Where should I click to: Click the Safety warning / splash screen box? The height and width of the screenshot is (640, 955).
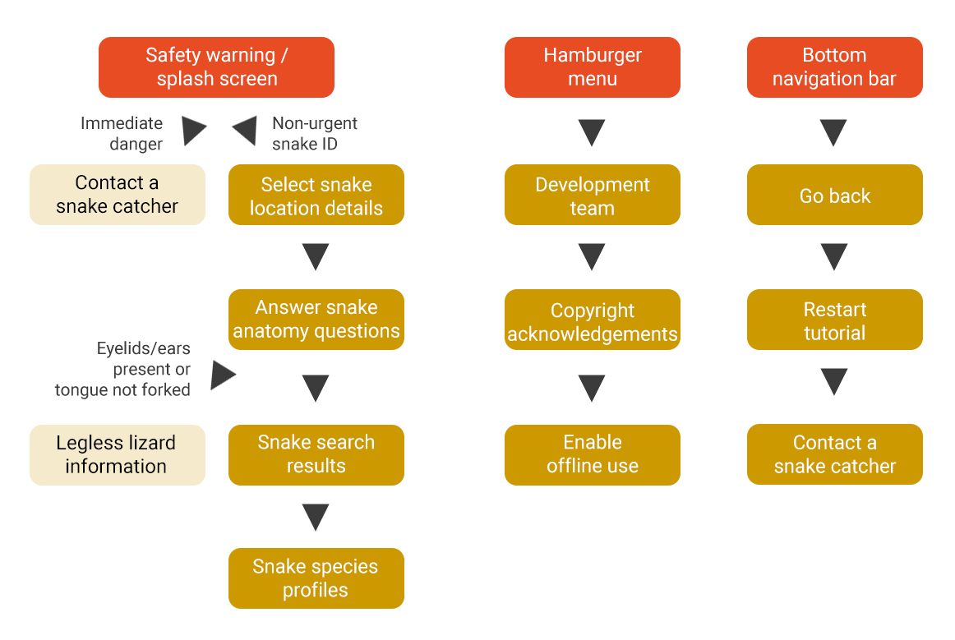pos(216,67)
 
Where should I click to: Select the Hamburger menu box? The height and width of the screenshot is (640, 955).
pos(592,67)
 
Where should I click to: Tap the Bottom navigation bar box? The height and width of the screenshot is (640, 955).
pos(834,67)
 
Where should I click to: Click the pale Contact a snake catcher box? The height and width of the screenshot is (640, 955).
pos(117,194)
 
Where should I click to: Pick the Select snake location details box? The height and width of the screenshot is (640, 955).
pos(316,194)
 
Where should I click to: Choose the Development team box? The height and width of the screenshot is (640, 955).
pos(592,194)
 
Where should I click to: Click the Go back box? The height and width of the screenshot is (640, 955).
pos(834,194)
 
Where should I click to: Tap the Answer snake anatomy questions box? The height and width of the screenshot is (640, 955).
pos(316,319)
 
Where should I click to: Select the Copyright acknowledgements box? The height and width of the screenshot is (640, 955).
pos(592,319)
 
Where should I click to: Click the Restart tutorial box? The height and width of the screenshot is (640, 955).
pos(834,319)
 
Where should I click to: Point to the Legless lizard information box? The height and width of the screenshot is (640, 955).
pos(117,455)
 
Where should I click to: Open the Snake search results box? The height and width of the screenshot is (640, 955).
pos(316,455)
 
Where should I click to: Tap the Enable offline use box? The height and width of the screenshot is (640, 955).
pos(592,455)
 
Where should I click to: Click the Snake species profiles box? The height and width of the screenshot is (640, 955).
pos(316,578)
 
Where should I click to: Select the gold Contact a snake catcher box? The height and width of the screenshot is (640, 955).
pos(834,454)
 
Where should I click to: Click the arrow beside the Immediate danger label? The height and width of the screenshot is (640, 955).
pos(194,131)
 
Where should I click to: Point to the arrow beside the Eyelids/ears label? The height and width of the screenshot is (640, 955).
pos(223,375)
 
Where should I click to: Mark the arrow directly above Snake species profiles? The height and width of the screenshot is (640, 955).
pos(316,517)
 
